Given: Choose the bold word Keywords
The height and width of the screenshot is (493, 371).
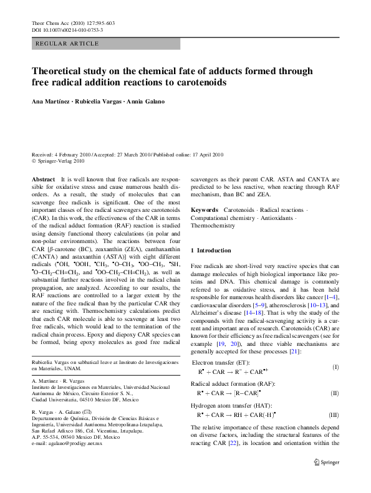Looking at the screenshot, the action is pos(205,210).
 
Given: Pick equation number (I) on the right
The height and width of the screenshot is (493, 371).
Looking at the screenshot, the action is pos(335,367).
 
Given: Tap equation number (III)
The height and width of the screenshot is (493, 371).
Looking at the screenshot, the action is pos(334,414).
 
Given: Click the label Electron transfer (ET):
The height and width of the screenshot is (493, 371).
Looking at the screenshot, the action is pos(221,361).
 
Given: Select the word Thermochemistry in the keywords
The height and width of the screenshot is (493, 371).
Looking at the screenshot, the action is pos(213,226).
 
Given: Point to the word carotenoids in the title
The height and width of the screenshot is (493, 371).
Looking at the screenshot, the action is pos(196,82).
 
